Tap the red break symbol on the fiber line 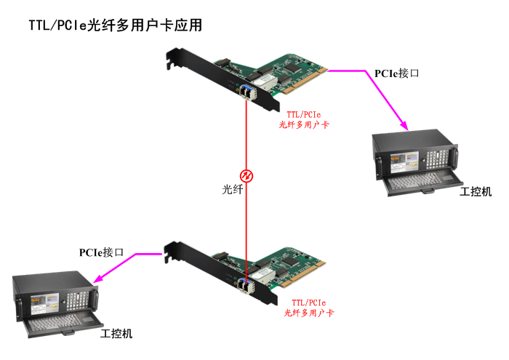247,175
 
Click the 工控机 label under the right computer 476,191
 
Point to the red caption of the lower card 308,307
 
